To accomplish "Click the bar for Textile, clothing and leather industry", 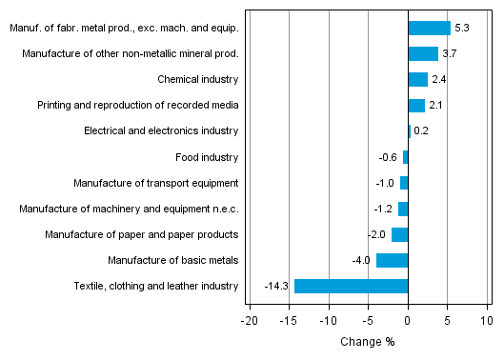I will (351, 286).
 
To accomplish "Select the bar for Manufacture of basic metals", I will (392, 260).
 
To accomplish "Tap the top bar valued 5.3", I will (429, 28).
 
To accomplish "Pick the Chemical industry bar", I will (417, 79).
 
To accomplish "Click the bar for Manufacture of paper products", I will (399, 234).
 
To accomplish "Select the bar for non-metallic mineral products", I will (423, 53).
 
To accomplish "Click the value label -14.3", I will (276, 286).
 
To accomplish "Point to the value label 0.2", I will (421, 131).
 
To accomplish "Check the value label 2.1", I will (435, 106).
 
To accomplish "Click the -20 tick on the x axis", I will (250, 321).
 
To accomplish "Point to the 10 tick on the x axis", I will (486, 321).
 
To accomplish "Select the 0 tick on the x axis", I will (408, 321).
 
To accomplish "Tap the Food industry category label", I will (207, 157).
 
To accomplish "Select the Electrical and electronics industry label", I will (161, 131).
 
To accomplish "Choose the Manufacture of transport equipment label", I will (156, 183).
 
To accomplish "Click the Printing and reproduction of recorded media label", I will (138, 106).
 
